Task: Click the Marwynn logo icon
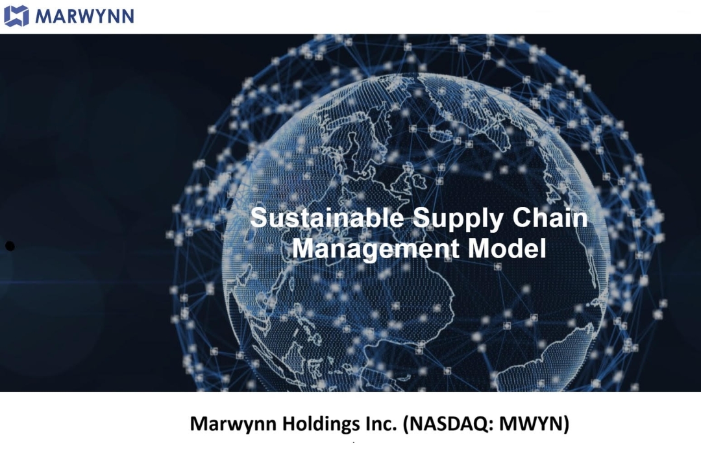coord(16,16)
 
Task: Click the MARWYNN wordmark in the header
coord(84,16)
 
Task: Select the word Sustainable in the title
coord(326,217)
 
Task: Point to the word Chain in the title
coord(550,217)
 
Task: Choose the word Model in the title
coord(507,248)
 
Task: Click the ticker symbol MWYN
coord(531,424)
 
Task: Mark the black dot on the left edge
coord(10,246)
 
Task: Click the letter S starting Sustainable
coord(258,218)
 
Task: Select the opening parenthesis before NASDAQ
coord(406,424)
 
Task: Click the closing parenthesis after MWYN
coord(567,424)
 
